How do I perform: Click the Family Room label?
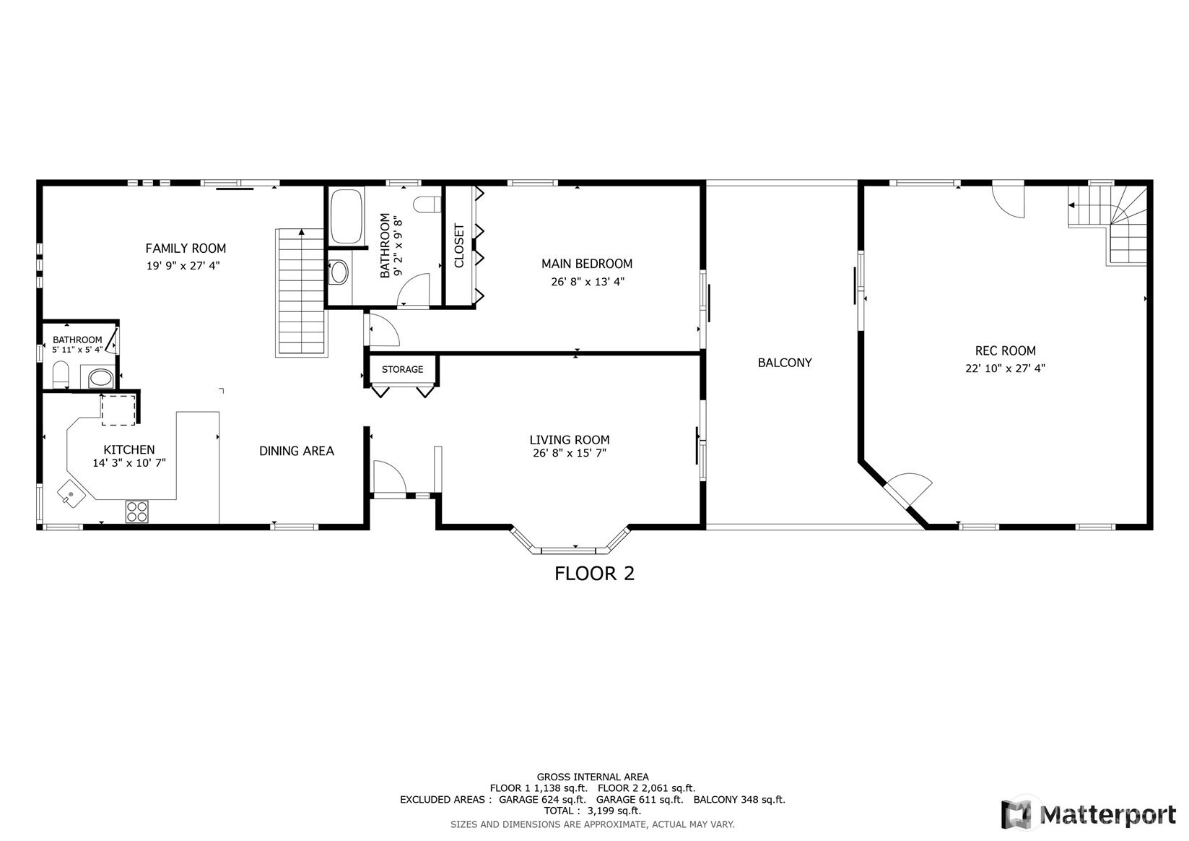coord(186,248)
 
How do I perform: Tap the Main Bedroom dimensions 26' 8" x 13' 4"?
coord(587,282)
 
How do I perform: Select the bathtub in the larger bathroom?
coord(346,216)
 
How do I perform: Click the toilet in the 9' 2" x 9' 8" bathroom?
coord(427,204)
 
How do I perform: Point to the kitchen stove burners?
coord(136,511)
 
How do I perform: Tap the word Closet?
coord(459,246)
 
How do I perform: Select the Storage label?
coord(402,369)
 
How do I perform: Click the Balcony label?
coord(785,363)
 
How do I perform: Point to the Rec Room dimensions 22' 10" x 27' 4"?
coord(1005,368)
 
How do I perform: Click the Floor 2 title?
coord(594,573)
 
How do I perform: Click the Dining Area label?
coord(296,451)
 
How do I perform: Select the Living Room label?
coord(570,440)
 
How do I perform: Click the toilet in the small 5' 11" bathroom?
coord(61,374)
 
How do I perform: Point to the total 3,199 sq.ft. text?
coord(593,811)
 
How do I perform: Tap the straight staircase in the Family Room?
coord(301,292)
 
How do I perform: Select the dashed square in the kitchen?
coord(118,410)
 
